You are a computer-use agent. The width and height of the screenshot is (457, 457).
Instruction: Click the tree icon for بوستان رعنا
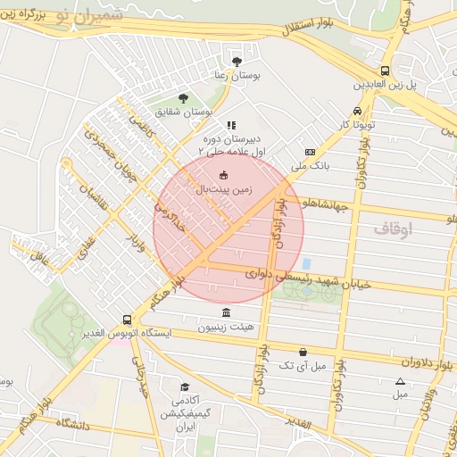pyautogui.click(x=237, y=62)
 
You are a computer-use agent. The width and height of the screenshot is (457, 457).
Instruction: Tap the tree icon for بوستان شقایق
pyautogui.click(x=183, y=97)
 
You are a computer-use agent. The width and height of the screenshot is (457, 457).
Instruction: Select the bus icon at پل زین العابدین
pyautogui.click(x=385, y=71)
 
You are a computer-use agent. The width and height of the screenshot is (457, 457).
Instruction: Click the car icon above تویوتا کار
pyautogui.click(x=357, y=111)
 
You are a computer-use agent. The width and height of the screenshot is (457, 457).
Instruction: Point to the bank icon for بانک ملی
pyautogui.click(x=310, y=153)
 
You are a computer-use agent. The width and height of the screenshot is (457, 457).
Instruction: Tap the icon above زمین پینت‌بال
pyautogui.click(x=223, y=175)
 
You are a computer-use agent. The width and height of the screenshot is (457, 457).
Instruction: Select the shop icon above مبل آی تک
pyautogui.click(x=303, y=352)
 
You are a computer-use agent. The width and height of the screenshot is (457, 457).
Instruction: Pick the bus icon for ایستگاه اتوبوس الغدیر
pyautogui.click(x=128, y=319)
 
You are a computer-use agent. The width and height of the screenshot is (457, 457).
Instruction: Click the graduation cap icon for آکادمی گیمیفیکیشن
pyautogui.click(x=185, y=387)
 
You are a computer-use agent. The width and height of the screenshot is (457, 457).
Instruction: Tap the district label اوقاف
pyautogui.click(x=394, y=229)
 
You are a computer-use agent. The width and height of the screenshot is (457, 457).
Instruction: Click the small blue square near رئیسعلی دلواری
pyautogui.click(x=306, y=264)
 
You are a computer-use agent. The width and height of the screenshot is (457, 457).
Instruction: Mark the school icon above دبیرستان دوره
pyautogui.click(x=231, y=126)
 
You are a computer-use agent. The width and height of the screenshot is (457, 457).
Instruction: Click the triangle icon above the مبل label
pyautogui.click(x=400, y=382)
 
